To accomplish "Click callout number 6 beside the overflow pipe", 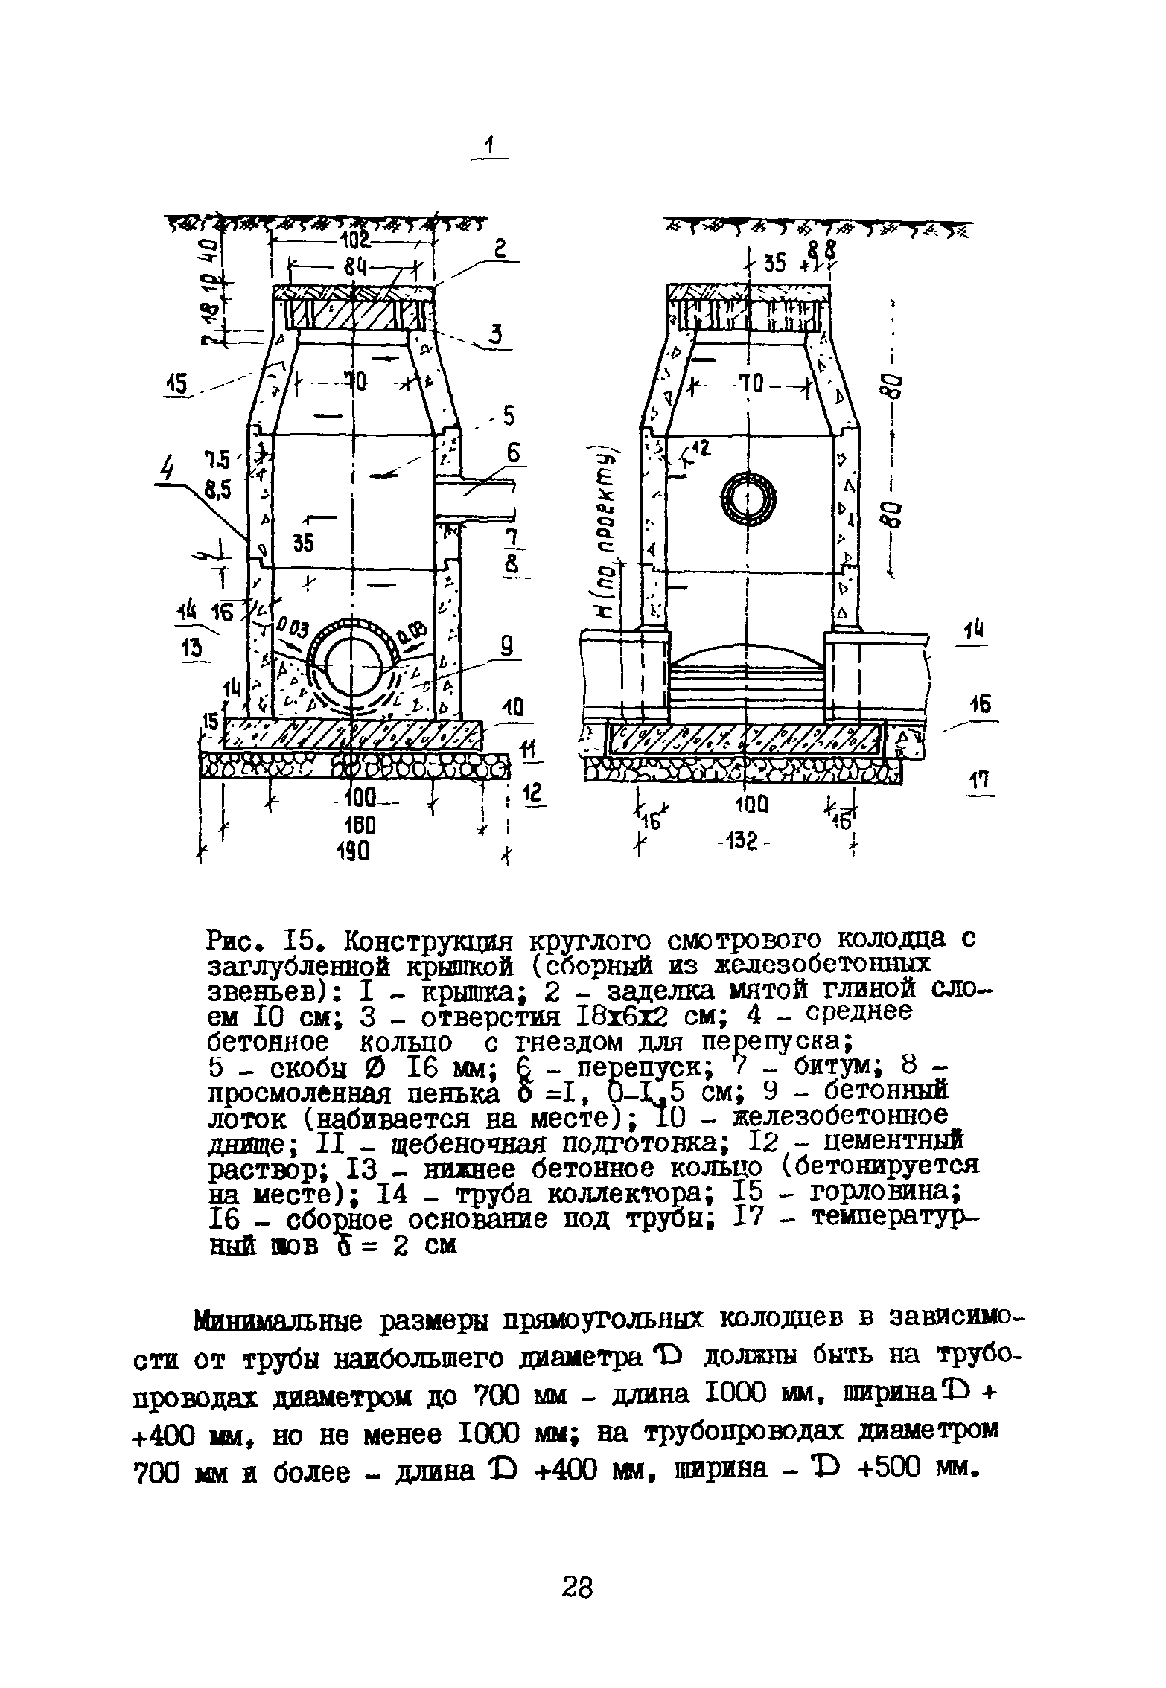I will (513, 453).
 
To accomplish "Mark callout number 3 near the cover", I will (495, 336).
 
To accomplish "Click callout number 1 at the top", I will (489, 147).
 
